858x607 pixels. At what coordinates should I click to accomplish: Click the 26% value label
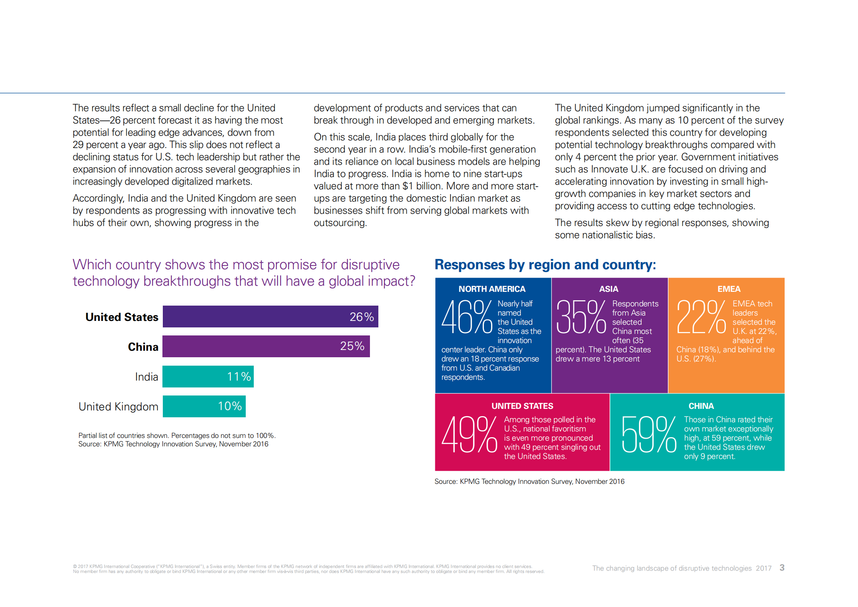[362, 317]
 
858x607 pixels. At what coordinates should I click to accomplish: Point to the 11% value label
[239, 377]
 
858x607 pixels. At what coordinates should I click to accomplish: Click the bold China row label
[143, 347]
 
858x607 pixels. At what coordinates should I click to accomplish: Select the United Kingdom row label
[118, 407]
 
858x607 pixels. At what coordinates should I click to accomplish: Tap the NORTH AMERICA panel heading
[492, 289]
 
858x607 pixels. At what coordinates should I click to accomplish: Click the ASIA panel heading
[608, 289]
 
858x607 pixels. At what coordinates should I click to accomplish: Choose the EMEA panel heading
[729, 289]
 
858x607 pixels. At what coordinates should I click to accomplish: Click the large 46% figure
[467, 317]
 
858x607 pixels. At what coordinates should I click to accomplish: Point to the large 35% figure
[581, 317]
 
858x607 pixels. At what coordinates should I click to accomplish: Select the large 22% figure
[701, 317]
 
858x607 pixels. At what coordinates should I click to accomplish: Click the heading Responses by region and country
[545, 265]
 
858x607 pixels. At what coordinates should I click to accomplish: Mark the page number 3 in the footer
[782, 568]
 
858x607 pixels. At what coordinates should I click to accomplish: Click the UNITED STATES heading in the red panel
[522, 406]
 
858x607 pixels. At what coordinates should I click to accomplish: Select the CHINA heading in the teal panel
[701, 406]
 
